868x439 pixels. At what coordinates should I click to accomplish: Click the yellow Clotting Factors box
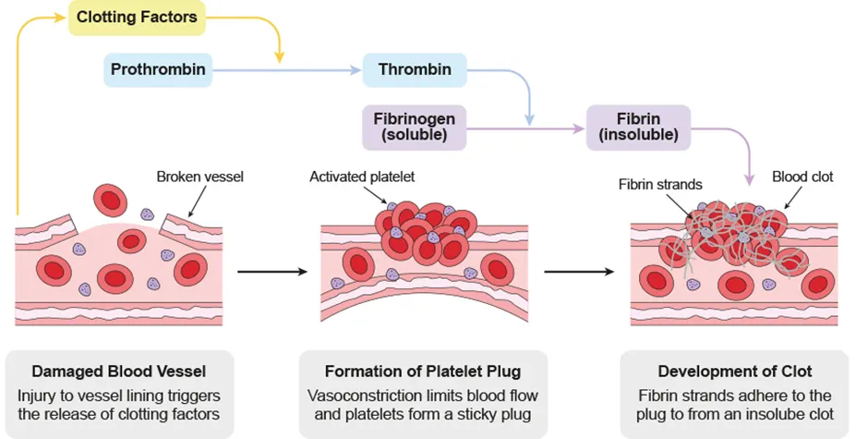click(136, 18)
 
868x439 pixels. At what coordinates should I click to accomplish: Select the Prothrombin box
click(158, 69)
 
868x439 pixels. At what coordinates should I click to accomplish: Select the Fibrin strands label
click(660, 184)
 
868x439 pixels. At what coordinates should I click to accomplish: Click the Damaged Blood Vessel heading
click(118, 372)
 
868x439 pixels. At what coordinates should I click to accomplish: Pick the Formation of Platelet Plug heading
click(423, 372)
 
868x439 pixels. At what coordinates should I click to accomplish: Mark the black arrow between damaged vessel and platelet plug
click(271, 272)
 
